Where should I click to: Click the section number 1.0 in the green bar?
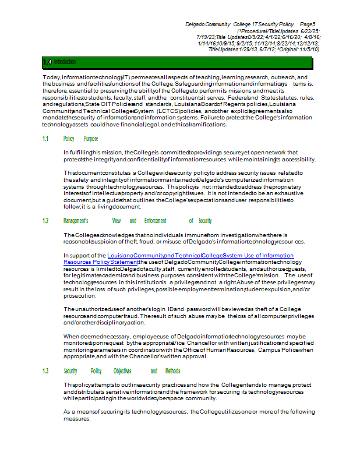pyautogui.click(x=47, y=61)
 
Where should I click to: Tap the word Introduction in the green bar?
pyautogui.click(x=65, y=61)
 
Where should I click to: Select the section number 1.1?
pyautogui.click(x=45, y=139)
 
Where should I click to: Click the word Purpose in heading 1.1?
pyautogui.click(x=91, y=139)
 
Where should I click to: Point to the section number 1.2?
pyautogui.click(x=45, y=221)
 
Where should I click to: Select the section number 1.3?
pyautogui.click(x=45, y=371)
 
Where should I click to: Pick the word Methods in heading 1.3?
pyautogui.click(x=172, y=371)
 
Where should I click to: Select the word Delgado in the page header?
pyautogui.click(x=195, y=24)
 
